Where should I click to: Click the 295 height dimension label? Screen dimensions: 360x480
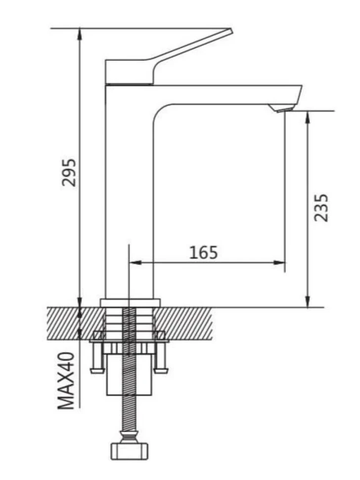(x=69, y=172)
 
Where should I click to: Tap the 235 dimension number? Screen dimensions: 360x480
(x=321, y=207)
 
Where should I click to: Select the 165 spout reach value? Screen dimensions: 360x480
(x=203, y=252)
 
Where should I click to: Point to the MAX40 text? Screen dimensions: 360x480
(x=66, y=381)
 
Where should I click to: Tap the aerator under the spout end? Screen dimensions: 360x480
(x=281, y=108)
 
